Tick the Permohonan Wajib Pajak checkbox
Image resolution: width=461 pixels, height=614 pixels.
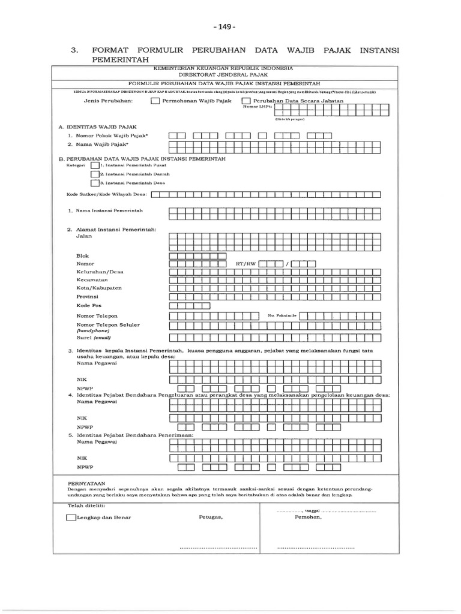(155, 101)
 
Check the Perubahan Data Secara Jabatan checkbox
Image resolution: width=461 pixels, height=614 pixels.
(246, 101)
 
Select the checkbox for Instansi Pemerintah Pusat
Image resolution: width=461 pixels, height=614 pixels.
(95, 164)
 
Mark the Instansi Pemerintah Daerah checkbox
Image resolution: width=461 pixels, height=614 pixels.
(95, 174)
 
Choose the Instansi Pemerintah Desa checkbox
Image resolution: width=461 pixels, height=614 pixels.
(95, 183)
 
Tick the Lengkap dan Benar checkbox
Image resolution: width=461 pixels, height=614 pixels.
(71, 517)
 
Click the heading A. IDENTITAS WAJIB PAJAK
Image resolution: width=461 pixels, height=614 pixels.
(98, 127)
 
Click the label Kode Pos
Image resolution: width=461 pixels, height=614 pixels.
(88, 305)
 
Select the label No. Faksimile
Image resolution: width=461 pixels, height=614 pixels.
(282, 315)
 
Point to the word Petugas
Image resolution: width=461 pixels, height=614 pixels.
(211, 517)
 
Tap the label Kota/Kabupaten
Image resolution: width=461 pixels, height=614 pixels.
(99, 288)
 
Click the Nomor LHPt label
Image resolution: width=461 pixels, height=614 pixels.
(253, 107)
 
